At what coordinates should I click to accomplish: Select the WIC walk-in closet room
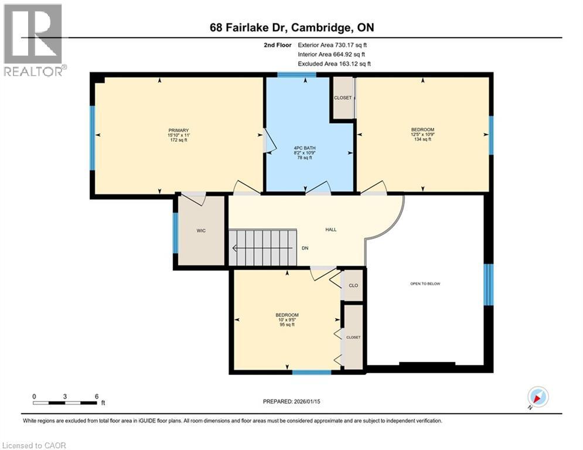[x=201, y=231]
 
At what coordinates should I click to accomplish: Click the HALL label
[x=331, y=230]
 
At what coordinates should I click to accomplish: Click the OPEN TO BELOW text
[x=425, y=284]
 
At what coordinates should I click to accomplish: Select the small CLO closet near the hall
[x=353, y=285]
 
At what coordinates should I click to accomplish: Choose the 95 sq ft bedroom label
[x=287, y=319]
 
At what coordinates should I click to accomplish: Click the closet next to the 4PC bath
[x=343, y=98]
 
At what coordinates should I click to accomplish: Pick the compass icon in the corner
[x=537, y=397]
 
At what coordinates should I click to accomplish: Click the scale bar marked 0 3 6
[x=65, y=403]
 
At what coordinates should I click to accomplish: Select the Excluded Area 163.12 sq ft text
[x=334, y=63]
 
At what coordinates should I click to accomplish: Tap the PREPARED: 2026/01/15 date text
[x=292, y=401]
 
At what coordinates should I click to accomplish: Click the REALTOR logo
[x=33, y=40]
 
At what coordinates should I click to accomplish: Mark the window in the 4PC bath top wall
[x=296, y=74]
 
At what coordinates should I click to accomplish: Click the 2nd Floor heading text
[x=277, y=45]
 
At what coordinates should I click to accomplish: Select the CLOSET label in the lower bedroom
[x=353, y=337]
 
